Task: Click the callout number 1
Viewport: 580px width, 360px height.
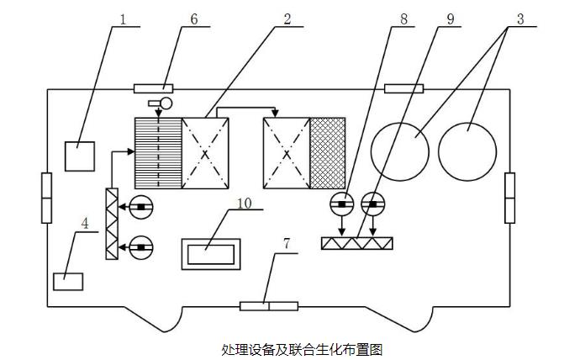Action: [x=124, y=19]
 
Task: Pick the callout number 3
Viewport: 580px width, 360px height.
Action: [x=519, y=19]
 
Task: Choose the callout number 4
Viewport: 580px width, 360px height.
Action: [x=84, y=224]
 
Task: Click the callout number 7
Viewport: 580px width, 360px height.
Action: [x=287, y=244]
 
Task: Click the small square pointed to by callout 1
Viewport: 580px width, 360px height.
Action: [x=80, y=156]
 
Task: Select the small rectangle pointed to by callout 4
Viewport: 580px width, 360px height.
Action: [x=68, y=282]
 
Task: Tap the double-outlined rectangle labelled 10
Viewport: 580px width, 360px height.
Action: [x=211, y=254]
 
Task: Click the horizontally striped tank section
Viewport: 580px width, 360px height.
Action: [x=158, y=153]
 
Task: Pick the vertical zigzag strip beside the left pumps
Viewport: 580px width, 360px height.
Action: [x=111, y=224]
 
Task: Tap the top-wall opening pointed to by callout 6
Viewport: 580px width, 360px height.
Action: [x=154, y=88]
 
